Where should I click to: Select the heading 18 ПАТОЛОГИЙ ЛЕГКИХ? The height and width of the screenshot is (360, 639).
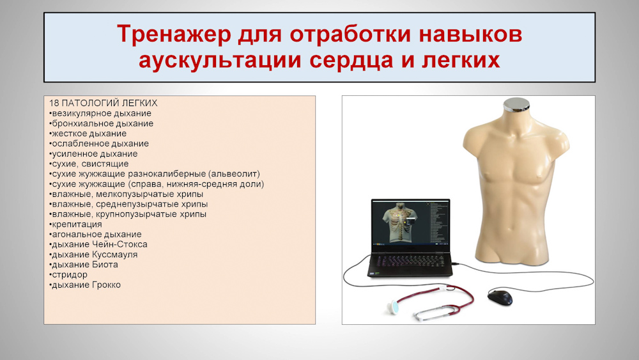(x=103, y=103)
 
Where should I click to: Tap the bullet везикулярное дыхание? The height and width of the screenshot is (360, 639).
(x=100, y=113)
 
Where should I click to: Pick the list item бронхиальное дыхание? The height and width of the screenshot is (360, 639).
(x=101, y=123)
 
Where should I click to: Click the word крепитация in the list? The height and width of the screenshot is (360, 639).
(x=75, y=224)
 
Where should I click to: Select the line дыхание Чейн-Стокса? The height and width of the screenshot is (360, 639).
(x=98, y=244)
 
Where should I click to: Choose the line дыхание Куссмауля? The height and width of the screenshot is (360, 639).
(x=93, y=254)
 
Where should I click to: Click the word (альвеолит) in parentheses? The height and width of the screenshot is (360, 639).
(x=235, y=174)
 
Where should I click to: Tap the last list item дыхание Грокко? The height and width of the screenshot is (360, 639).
(x=85, y=285)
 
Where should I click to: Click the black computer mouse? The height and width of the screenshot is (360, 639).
(x=500, y=297)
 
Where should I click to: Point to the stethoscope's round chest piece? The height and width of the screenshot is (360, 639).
(x=394, y=306)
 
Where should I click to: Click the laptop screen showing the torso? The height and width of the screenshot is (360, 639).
(x=411, y=223)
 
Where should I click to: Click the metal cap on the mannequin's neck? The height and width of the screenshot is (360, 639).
(x=516, y=105)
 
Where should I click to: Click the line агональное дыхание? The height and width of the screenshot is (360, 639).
(x=95, y=235)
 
